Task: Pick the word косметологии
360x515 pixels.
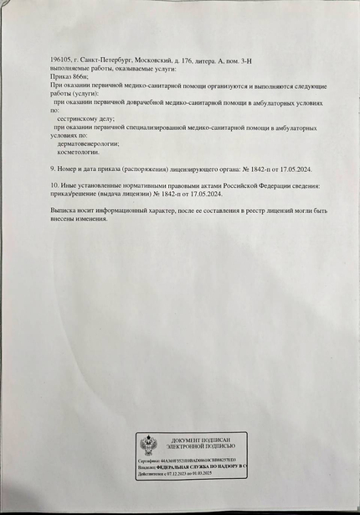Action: click(81, 153)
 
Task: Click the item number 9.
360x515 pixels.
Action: click(53, 169)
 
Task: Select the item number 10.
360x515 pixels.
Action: click(54, 184)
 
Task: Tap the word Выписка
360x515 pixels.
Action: click(64, 208)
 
